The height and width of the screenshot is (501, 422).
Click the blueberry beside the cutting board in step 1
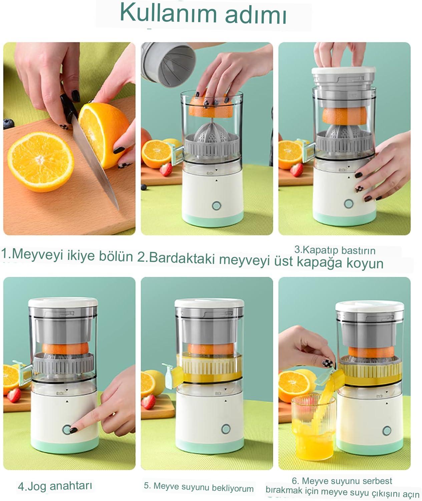click(x=9, y=124)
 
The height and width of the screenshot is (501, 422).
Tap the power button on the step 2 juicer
click(x=217, y=206)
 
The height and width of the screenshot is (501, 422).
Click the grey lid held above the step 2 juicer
click(x=168, y=64)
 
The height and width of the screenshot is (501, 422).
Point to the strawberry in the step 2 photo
click(x=166, y=169)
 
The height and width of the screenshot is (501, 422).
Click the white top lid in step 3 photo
click(x=343, y=70)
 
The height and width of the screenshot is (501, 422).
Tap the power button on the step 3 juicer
click(x=349, y=204)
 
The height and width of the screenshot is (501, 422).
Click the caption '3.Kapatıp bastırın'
click(x=335, y=250)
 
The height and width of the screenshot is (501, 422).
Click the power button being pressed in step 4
click(x=67, y=430)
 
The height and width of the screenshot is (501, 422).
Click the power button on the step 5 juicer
click(x=226, y=429)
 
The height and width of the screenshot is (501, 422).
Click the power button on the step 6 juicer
click(x=387, y=431)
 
